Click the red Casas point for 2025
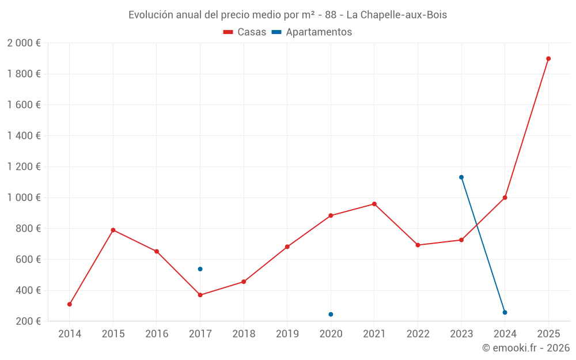tap(548, 59)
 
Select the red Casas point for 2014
tap(70, 304)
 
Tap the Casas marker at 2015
tap(113, 230)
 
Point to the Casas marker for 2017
tap(200, 295)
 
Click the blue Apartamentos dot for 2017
tap(200, 269)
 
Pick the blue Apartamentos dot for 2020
tap(331, 314)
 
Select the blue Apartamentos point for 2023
tap(461, 177)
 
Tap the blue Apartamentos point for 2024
tap(505, 312)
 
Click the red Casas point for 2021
tap(374, 204)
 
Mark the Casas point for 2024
tap(505, 198)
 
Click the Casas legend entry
tap(245, 32)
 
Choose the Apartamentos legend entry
tap(312, 32)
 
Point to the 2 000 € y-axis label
tap(24, 43)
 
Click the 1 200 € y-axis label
tap(24, 166)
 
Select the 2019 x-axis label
tap(287, 334)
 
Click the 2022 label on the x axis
tap(418, 334)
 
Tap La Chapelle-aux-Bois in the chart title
tap(396, 15)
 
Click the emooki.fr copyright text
tap(525, 348)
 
